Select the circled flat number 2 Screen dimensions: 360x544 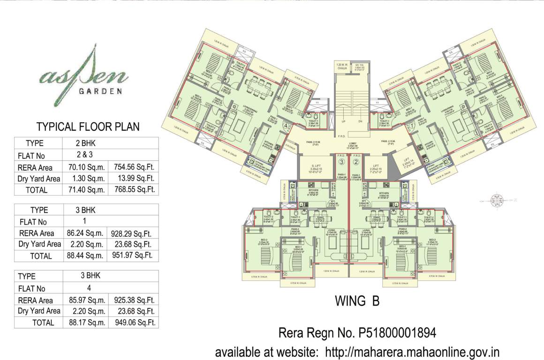pyautogui.click(x=356, y=163)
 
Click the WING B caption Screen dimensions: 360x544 pyautogui.click(x=357, y=300)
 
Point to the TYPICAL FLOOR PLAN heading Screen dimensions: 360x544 pyautogui.click(x=88, y=127)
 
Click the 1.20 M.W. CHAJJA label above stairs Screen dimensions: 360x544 pyautogui.click(x=343, y=67)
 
